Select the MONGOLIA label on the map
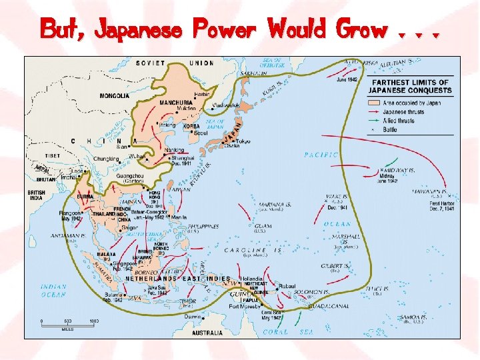click(x=115, y=96)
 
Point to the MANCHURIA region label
click(x=176, y=103)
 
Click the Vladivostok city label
click(x=227, y=105)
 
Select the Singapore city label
click(x=123, y=263)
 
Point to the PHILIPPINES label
click(x=203, y=227)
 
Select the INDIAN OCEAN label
click(x=53, y=290)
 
